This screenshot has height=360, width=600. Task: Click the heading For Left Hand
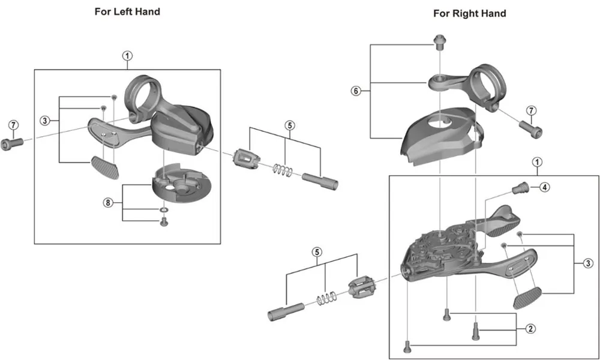(127, 11)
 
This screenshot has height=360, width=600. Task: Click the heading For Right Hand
(470, 13)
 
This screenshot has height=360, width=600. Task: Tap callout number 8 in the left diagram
(108, 203)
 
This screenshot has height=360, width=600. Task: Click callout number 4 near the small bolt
(544, 187)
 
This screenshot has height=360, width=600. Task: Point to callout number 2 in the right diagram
(530, 328)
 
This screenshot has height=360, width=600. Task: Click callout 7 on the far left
(13, 124)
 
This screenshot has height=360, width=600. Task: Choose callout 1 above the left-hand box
(127, 56)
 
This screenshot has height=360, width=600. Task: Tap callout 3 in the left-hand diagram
(44, 121)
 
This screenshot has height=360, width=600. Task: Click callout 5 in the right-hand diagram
(316, 251)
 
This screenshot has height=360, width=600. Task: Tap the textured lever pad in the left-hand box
(105, 164)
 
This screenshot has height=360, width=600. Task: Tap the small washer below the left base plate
(163, 211)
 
